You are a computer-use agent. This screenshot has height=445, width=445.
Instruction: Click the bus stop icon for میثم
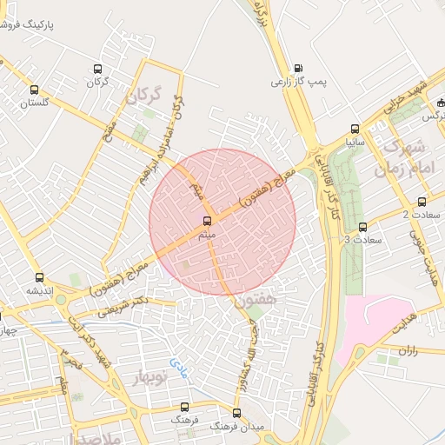207,221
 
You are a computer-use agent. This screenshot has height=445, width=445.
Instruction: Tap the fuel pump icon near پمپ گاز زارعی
299,68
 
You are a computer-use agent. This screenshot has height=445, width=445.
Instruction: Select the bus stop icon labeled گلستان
34,90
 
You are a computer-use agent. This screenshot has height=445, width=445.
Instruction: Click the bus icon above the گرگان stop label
96,69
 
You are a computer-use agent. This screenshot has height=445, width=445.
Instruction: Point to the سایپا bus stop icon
354,128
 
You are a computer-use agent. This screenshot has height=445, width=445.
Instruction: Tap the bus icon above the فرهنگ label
184,407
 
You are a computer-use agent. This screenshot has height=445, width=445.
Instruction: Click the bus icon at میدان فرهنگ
236,413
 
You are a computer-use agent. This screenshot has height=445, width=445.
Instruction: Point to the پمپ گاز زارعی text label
298,82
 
